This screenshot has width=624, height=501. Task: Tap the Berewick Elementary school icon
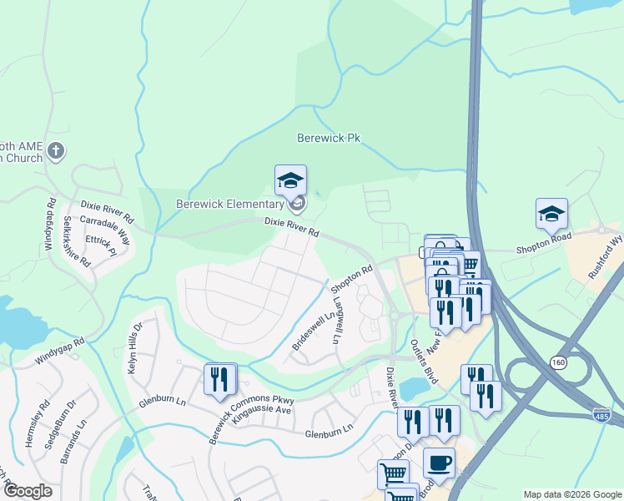pyautogui.click(x=290, y=180)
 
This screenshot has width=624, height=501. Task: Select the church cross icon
pyautogui.click(x=56, y=151)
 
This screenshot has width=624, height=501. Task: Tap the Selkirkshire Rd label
pyautogui.click(x=76, y=241)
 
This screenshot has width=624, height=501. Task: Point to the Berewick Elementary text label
pyautogui.click(x=229, y=204)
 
